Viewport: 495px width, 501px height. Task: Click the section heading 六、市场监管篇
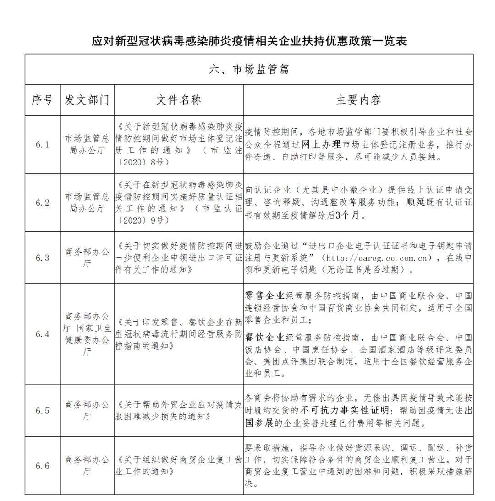point(249,69)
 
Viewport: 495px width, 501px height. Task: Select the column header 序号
point(42,100)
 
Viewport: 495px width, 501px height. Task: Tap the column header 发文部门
point(87,100)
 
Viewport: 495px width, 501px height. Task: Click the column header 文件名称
point(179,100)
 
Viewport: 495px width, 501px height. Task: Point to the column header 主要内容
point(358,100)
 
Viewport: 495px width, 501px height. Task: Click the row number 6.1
point(42,144)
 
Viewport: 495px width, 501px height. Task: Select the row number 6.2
point(42,203)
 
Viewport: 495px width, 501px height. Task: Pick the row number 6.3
point(42,258)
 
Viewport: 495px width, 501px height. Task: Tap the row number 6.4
point(42,334)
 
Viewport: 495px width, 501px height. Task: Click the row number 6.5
point(42,411)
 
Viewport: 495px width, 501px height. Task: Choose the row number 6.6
point(42,466)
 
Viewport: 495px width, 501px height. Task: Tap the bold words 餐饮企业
point(265,338)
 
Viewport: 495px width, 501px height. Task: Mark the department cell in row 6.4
point(87,334)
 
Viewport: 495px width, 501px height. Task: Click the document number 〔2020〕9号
point(137,220)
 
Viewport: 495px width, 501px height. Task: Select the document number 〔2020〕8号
point(137,162)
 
